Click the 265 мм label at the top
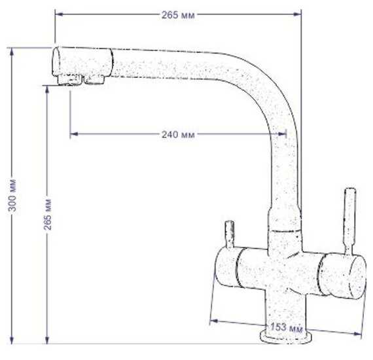178,15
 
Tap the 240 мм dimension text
178,135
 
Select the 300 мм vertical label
12,195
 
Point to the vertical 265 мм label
47,214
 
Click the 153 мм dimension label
287,327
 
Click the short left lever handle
230,234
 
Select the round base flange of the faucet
285,336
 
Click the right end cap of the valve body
357,278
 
